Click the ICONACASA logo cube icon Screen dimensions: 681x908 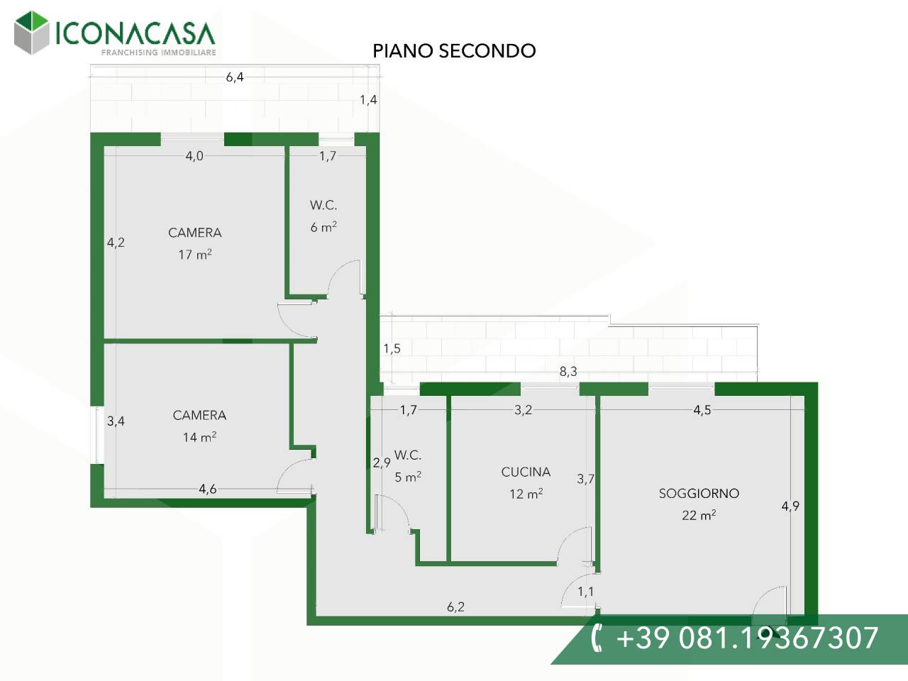(31, 33)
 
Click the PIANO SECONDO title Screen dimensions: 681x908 (454, 51)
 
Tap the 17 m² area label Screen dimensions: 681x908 (195, 254)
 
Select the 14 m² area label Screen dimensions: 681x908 (199, 437)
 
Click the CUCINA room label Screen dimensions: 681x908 (526, 472)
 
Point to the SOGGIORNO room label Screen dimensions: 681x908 (699, 493)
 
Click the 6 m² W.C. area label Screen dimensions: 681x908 (323, 227)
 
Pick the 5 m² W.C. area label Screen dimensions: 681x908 (408, 477)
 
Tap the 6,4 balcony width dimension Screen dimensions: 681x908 (235, 77)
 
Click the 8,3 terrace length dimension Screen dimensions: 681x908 (568, 371)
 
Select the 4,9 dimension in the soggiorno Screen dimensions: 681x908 (790, 506)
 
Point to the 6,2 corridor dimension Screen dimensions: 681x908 (456, 607)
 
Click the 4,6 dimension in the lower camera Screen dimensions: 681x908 (207, 489)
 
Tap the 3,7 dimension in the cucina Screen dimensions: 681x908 (585, 479)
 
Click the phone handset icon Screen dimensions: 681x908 (597, 638)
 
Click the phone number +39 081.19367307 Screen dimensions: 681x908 (747, 638)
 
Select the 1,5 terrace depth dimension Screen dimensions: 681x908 (392, 348)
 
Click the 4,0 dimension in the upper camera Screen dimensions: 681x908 (194, 156)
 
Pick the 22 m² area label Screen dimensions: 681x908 (699, 515)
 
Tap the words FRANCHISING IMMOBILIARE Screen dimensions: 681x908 (158, 52)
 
